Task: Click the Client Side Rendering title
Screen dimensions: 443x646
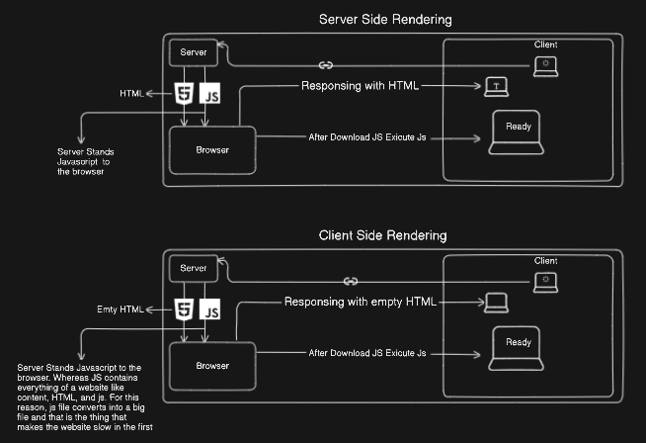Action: click(x=382, y=235)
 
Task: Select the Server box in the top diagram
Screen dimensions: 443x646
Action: click(x=193, y=51)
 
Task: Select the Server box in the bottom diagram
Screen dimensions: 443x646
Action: click(x=193, y=268)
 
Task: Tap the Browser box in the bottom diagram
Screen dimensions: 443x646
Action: click(x=212, y=365)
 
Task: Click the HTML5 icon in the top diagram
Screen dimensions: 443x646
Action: click(x=183, y=94)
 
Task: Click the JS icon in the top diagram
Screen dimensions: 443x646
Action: click(x=209, y=94)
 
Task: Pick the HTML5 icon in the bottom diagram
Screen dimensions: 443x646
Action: click(x=183, y=310)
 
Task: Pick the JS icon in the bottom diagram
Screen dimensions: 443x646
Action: click(x=209, y=310)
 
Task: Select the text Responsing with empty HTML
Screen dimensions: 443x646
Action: click(x=360, y=301)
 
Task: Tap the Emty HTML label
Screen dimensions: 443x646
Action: click(x=121, y=310)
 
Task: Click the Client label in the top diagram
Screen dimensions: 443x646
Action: click(x=546, y=44)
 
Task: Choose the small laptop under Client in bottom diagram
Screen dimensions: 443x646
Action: click(x=545, y=282)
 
